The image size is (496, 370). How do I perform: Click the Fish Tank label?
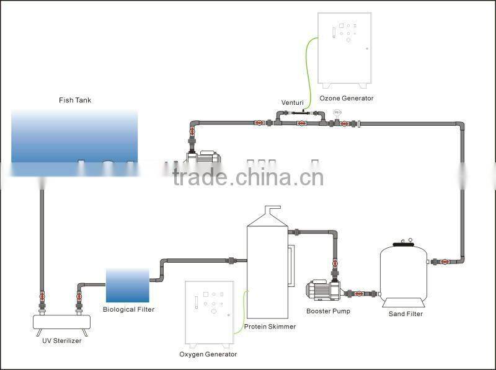tap(75, 99)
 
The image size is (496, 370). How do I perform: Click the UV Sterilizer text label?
tap(57, 340)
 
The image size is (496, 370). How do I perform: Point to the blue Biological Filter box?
tap(127, 285)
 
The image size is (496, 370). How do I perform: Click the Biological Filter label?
tap(129, 309)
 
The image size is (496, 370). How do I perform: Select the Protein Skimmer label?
tap(270, 327)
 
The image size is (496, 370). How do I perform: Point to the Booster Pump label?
tap(328, 311)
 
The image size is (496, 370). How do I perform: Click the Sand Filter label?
tap(405, 314)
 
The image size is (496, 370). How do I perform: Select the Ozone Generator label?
tap(347, 98)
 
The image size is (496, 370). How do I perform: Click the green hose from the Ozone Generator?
tap(310, 68)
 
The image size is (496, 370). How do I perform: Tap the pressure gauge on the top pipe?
tap(337, 113)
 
